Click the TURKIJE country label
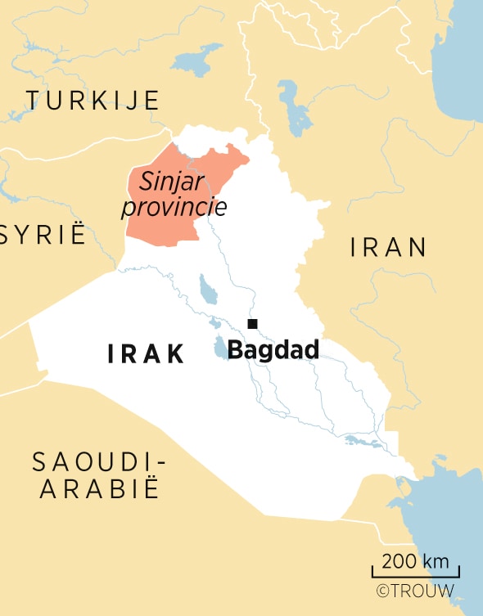click(92, 101)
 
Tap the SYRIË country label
click(43, 235)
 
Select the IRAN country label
click(388, 247)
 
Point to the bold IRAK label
click(147, 354)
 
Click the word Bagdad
click(273, 350)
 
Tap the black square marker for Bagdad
click(253, 323)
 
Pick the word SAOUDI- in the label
click(98, 462)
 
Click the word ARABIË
click(98, 489)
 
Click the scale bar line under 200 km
click(415, 577)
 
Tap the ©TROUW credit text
click(414, 591)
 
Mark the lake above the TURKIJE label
click(194, 60)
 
